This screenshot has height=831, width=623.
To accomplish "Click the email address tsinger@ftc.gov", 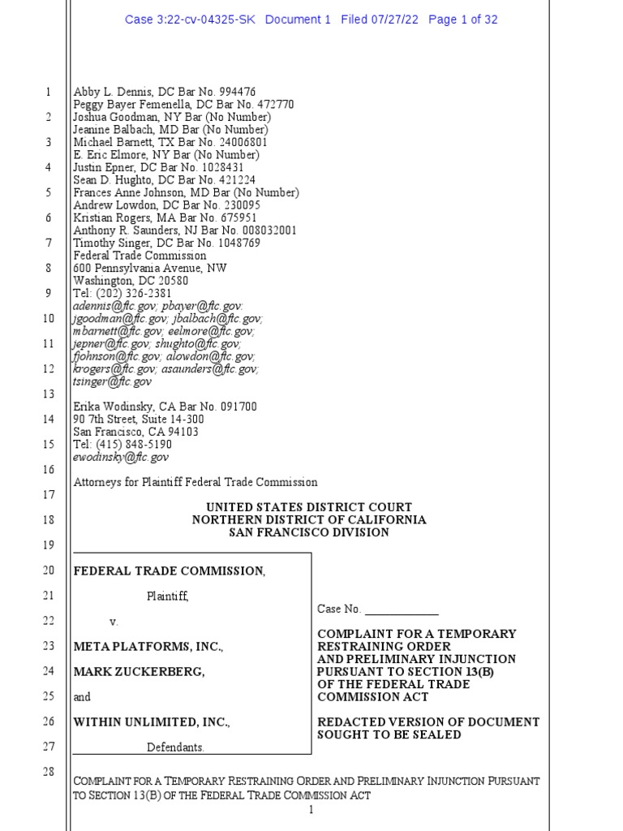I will pyautogui.click(x=113, y=381).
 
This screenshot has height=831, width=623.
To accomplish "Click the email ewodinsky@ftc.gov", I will pyautogui.click(x=121, y=458).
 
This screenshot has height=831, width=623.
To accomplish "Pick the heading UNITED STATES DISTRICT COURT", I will pyautogui.click(x=308, y=507).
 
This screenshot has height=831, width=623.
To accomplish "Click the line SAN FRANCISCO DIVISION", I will pyautogui.click(x=308, y=532).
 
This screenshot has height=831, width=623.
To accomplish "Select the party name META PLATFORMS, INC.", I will pyautogui.click(x=148, y=647).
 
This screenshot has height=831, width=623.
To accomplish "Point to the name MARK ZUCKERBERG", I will pyautogui.click(x=139, y=672).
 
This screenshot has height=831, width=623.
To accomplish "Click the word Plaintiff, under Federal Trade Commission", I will pyautogui.click(x=167, y=596).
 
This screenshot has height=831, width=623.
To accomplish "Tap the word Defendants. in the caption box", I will pyautogui.click(x=175, y=747).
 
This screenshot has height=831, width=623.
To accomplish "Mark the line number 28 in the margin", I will pyautogui.click(x=47, y=772).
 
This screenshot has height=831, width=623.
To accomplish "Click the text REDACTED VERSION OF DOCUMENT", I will pyautogui.click(x=428, y=722).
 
